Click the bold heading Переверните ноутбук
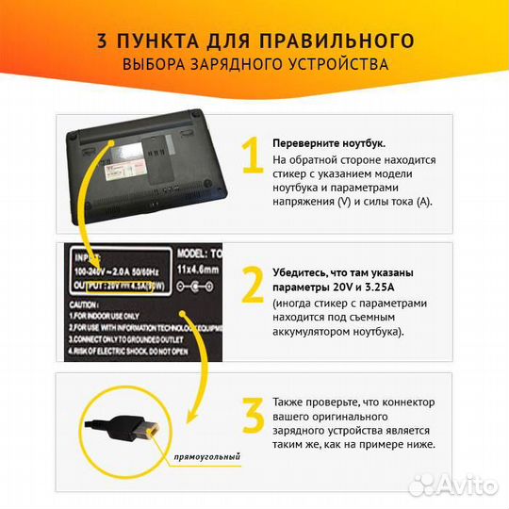(x=328, y=142)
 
